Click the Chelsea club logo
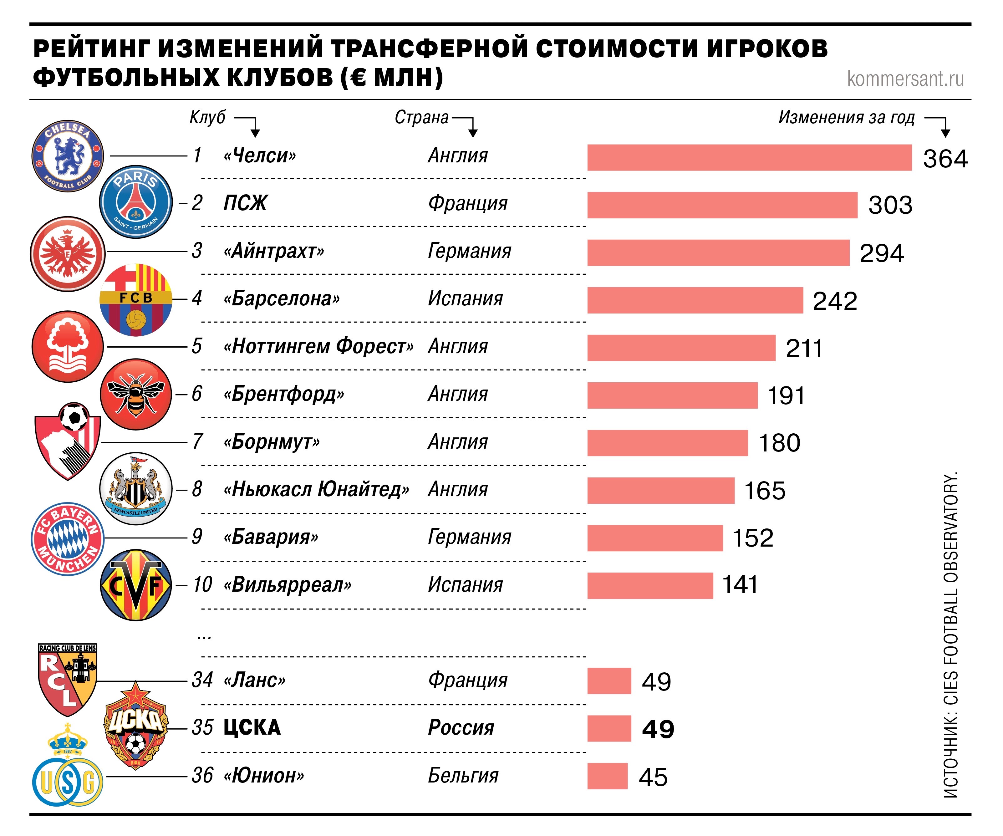click(x=67, y=156)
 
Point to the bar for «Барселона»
click(x=695, y=300)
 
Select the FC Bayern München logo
click(x=67, y=538)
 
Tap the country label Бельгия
click(x=463, y=775)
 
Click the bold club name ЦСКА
click(x=252, y=727)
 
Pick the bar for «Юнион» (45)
click(x=607, y=776)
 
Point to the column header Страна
click(x=421, y=117)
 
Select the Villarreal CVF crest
click(x=136, y=585)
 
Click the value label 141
click(x=740, y=585)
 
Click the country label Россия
click(x=461, y=727)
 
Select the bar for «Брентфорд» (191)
click(x=672, y=395)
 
